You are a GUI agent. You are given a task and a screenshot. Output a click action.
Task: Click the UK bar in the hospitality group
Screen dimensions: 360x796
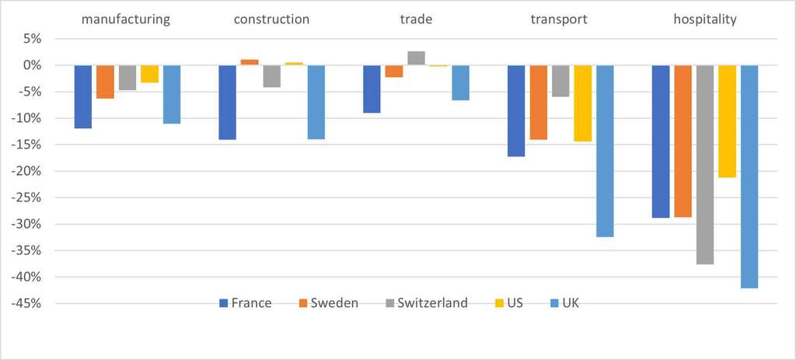tap(749, 177)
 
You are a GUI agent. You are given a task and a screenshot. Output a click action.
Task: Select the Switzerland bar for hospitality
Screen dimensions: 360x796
tap(704, 165)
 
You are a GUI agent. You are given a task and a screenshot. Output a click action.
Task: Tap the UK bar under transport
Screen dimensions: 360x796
tap(605, 151)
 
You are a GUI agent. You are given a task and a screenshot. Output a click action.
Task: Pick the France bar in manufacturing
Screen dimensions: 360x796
tap(83, 96)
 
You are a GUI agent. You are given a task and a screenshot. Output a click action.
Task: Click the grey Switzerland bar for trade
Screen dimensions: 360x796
tap(416, 58)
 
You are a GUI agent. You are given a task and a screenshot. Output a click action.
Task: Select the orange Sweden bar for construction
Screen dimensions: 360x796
tap(250, 62)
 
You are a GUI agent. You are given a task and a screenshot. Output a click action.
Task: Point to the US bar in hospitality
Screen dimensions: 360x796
tap(727, 121)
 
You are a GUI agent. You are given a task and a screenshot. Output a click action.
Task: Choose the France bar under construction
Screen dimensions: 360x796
tap(227, 102)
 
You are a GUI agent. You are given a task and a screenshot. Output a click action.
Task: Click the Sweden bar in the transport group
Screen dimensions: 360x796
tap(539, 102)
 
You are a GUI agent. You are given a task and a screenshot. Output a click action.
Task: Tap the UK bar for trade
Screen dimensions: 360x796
tap(460, 82)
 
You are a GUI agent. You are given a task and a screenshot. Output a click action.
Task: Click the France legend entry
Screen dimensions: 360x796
tap(245, 303)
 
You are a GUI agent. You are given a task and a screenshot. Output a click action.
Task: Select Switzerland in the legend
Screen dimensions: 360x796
tap(424, 303)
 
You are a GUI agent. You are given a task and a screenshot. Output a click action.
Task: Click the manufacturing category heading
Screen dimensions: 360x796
tap(126, 19)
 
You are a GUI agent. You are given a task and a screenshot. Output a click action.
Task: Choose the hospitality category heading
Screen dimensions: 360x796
tap(704, 19)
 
